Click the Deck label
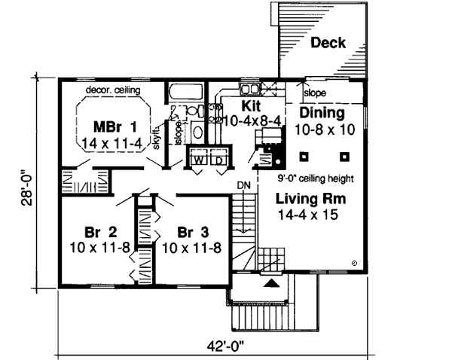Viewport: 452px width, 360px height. (328, 43)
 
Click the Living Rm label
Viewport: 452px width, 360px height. (305, 200)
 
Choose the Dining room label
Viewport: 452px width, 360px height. (322, 113)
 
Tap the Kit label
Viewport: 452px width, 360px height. (251, 105)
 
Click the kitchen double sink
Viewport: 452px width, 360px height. (249, 85)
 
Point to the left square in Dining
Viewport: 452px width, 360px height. (304, 156)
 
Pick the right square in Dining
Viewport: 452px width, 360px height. (344, 156)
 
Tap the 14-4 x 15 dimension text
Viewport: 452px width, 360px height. (305, 215)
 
